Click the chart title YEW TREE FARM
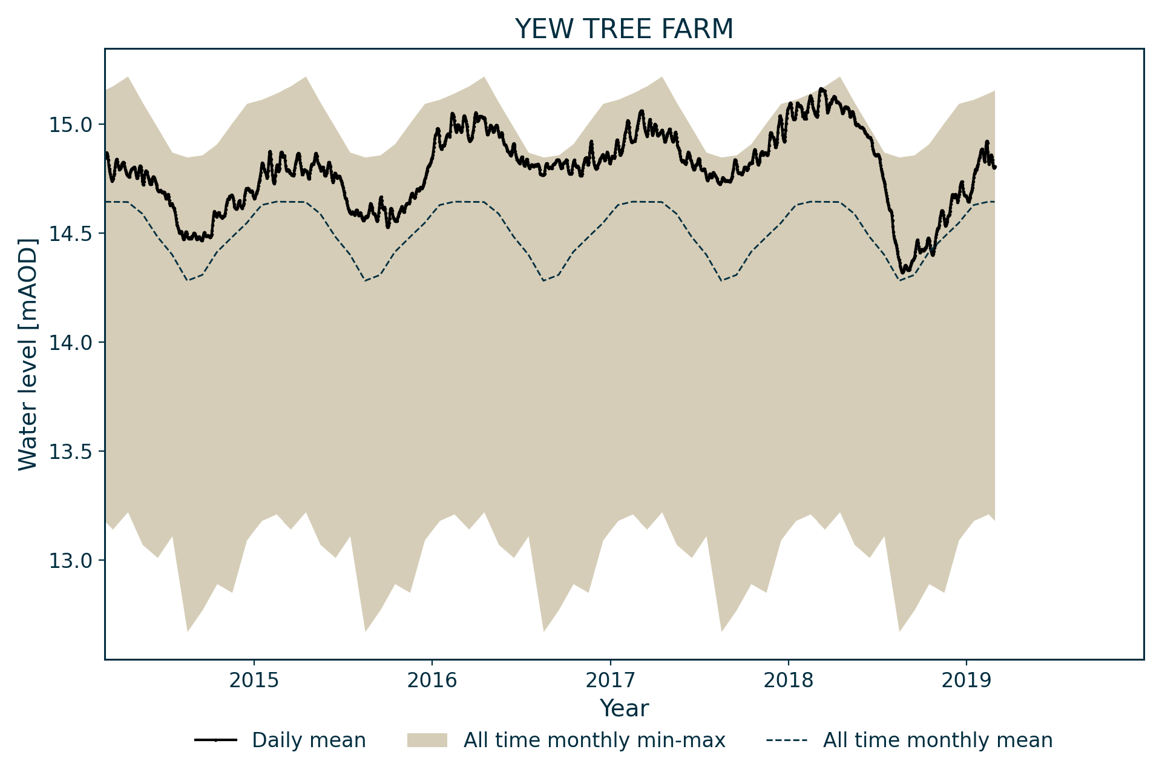(x=624, y=29)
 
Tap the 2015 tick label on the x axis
(x=254, y=680)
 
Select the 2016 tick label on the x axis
(x=432, y=680)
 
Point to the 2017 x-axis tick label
(x=610, y=680)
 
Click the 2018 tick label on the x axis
(x=788, y=680)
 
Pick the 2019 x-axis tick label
(x=966, y=680)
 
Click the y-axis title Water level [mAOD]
(x=28, y=354)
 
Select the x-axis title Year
(x=624, y=708)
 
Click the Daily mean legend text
(x=309, y=740)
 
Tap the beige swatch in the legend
(x=427, y=740)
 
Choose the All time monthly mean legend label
(x=937, y=740)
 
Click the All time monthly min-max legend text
(x=594, y=740)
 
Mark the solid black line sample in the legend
(x=215, y=740)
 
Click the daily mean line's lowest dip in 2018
(x=902, y=272)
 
